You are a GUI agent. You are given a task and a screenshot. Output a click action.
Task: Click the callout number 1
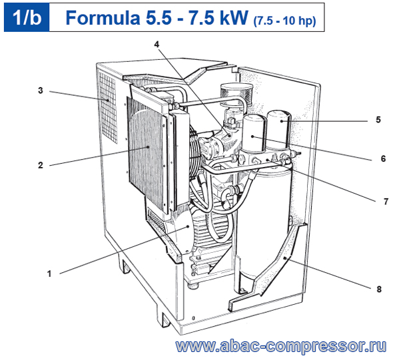tap(49, 273)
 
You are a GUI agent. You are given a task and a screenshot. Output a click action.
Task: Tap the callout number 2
tap(41, 165)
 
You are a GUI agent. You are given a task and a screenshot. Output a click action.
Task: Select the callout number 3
tap(41, 90)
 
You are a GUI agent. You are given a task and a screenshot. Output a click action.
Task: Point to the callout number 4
tap(157, 45)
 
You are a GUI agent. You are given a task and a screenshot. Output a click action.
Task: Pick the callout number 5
tap(378, 120)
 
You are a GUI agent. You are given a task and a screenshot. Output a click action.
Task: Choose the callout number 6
tap(383, 158)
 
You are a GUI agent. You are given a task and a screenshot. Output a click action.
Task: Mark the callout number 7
tap(386, 201)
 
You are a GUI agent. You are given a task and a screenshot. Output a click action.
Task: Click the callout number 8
tap(379, 289)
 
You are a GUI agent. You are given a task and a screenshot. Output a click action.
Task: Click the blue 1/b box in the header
tap(27, 17)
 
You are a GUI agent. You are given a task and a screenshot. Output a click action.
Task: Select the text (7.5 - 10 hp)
tap(284, 21)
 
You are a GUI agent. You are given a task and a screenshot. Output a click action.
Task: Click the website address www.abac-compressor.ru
tap(281, 347)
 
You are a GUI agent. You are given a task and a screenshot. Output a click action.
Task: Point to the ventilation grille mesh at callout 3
tap(108, 108)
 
